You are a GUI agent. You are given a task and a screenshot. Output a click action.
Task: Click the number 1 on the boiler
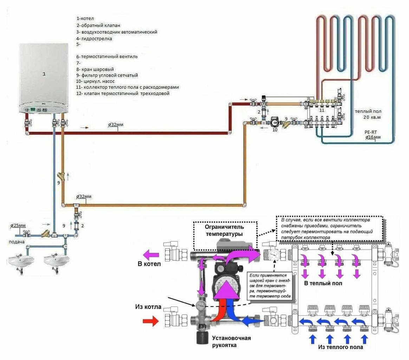[44, 74]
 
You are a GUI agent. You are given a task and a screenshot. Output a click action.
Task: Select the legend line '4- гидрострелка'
[94, 39]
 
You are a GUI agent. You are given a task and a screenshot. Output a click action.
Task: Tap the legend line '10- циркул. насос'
[95, 81]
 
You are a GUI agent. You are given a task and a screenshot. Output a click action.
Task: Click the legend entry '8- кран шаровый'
[95, 70]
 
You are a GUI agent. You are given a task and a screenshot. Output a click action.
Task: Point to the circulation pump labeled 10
[274, 122]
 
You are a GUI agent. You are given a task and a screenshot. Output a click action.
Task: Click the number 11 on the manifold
[322, 110]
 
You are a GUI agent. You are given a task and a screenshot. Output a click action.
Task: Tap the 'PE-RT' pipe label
[371, 132]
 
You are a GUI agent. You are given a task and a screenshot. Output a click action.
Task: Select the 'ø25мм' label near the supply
[18, 226]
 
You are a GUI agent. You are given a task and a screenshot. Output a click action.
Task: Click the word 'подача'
[17, 242]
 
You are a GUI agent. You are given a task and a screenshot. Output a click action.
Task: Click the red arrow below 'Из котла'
[151, 321]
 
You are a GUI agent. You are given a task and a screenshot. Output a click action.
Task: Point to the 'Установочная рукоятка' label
[231, 341]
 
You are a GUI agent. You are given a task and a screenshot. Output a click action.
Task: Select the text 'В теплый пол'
[323, 283]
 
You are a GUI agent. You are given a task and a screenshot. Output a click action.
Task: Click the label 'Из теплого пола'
[340, 347]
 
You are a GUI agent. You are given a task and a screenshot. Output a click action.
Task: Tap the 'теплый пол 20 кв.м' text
[368, 114]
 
